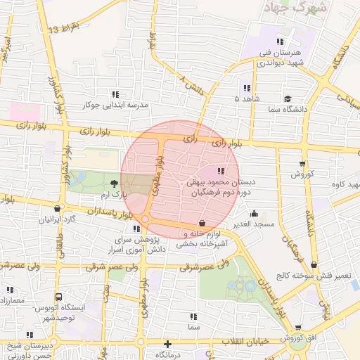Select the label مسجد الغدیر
(254, 224)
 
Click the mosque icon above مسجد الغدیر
(254, 214)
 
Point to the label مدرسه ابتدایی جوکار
(116, 105)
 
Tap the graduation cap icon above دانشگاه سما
(288, 99)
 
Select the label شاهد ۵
(245, 99)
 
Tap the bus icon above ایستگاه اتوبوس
(59, 297)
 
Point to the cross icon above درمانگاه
(167, 345)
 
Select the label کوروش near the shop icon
(302, 174)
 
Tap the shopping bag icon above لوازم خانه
(202, 222)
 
